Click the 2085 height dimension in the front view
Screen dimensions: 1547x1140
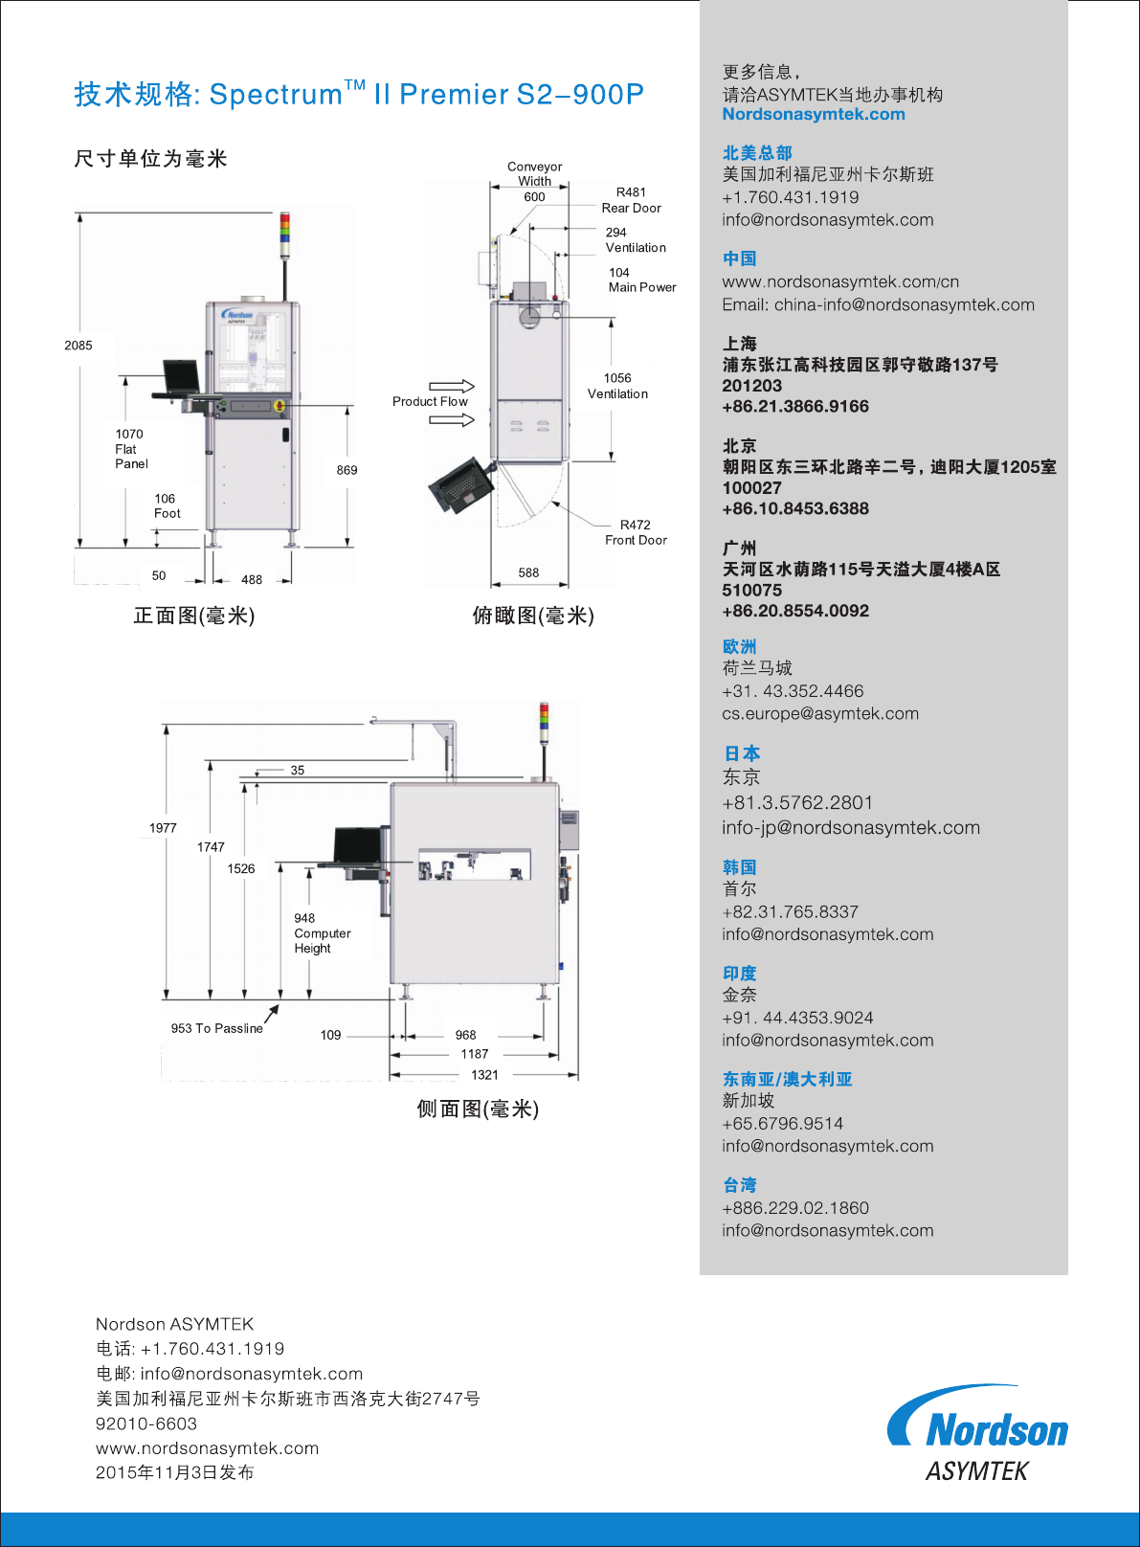pos(78,346)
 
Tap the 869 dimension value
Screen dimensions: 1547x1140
pos(346,470)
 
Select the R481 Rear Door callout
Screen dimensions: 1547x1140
pos(631,200)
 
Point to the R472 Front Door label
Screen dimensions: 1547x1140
pos(636,532)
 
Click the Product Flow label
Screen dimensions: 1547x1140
pos(430,401)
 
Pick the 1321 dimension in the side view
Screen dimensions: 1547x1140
pos(484,1074)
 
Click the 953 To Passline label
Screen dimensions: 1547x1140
pos(216,1028)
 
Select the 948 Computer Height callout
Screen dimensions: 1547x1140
pos(322,933)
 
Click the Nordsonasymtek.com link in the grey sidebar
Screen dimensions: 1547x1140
pos(814,114)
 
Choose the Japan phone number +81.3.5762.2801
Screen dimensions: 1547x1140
pos(797,802)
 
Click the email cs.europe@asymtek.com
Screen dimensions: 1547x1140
pos(820,713)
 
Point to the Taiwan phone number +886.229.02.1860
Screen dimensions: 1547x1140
pos(795,1208)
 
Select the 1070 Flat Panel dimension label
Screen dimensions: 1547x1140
pos(131,449)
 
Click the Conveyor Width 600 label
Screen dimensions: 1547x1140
pos(534,181)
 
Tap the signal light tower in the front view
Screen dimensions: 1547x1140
pos(284,235)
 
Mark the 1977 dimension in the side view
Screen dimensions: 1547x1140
pos(163,828)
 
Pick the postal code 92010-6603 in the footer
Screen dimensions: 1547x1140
pos(146,1424)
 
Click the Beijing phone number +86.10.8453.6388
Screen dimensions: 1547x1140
pos(795,508)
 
